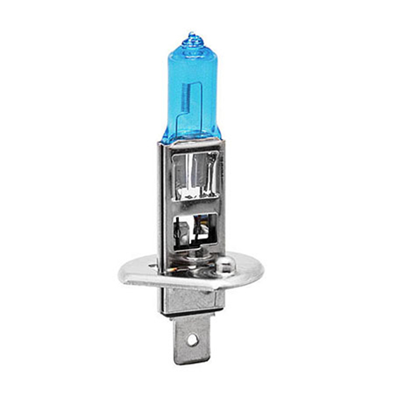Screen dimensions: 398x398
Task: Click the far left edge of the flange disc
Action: click(121, 270)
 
